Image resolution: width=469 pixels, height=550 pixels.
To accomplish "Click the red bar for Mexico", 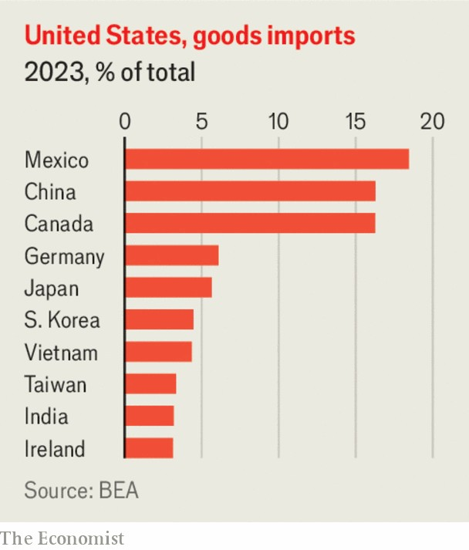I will click(266, 159).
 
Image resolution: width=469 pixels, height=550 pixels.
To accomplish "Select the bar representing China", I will click(250, 191).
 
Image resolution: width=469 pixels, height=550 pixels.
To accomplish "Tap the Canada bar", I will click(250, 223).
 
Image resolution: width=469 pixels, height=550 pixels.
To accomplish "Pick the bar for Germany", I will click(171, 255).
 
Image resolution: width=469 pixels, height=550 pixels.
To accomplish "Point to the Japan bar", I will click(168, 287).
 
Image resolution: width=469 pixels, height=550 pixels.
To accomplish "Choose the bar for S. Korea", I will click(159, 319).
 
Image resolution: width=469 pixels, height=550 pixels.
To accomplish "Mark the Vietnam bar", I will click(158, 352).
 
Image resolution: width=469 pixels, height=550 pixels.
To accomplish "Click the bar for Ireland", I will click(149, 448).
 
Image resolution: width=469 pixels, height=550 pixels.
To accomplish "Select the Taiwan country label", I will click(56, 384).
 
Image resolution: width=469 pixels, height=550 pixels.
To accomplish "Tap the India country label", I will click(46, 417).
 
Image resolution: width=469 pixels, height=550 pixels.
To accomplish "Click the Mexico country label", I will click(56, 160).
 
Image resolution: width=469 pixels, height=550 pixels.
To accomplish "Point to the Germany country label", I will click(64, 256).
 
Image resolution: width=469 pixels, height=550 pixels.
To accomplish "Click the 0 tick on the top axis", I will click(125, 122).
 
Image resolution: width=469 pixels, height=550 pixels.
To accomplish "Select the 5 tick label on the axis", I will click(201, 122).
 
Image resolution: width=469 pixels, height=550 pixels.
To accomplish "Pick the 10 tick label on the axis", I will click(278, 122).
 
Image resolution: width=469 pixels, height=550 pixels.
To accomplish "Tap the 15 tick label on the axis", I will click(355, 122).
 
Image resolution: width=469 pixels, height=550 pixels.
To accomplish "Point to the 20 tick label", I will click(432, 122).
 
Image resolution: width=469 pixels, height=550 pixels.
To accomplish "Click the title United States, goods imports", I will click(189, 35).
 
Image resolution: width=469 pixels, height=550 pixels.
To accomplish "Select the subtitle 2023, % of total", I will click(110, 73).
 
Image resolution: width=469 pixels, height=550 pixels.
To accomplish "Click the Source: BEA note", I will click(81, 491).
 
